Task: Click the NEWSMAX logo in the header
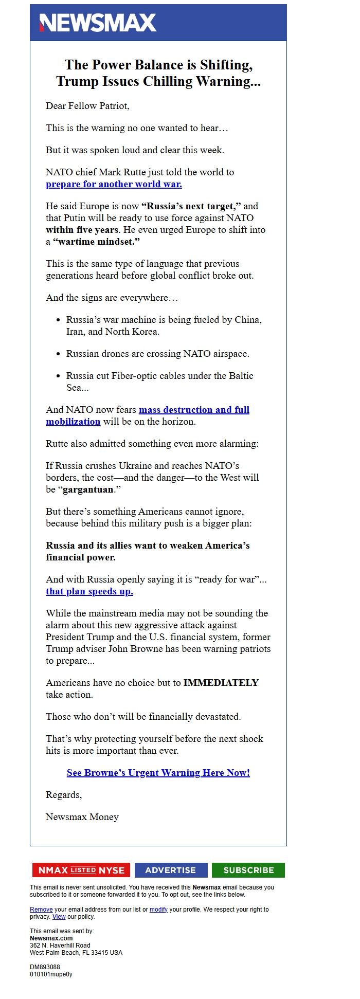(x=98, y=23)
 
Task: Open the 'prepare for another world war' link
(x=114, y=184)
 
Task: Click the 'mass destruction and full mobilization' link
(x=194, y=410)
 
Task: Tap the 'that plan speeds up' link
(x=89, y=591)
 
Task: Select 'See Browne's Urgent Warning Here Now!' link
(x=158, y=773)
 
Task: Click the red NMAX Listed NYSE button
(x=81, y=870)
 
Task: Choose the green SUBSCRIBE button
(x=248, y=870)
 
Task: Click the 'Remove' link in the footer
(x=41, y=910)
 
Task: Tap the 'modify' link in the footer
(x=158, y=910)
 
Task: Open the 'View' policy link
(x=59, y=917)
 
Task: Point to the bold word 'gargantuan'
(x=88, y=489)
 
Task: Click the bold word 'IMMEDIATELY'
(x=221, y=683)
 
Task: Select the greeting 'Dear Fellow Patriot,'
(x=87, y=106)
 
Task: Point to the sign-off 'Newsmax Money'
(x=82, y=817)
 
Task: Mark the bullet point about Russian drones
(x=157, y=354)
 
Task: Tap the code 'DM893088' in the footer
(x=45, y=967)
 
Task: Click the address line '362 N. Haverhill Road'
(x=60, y=946)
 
